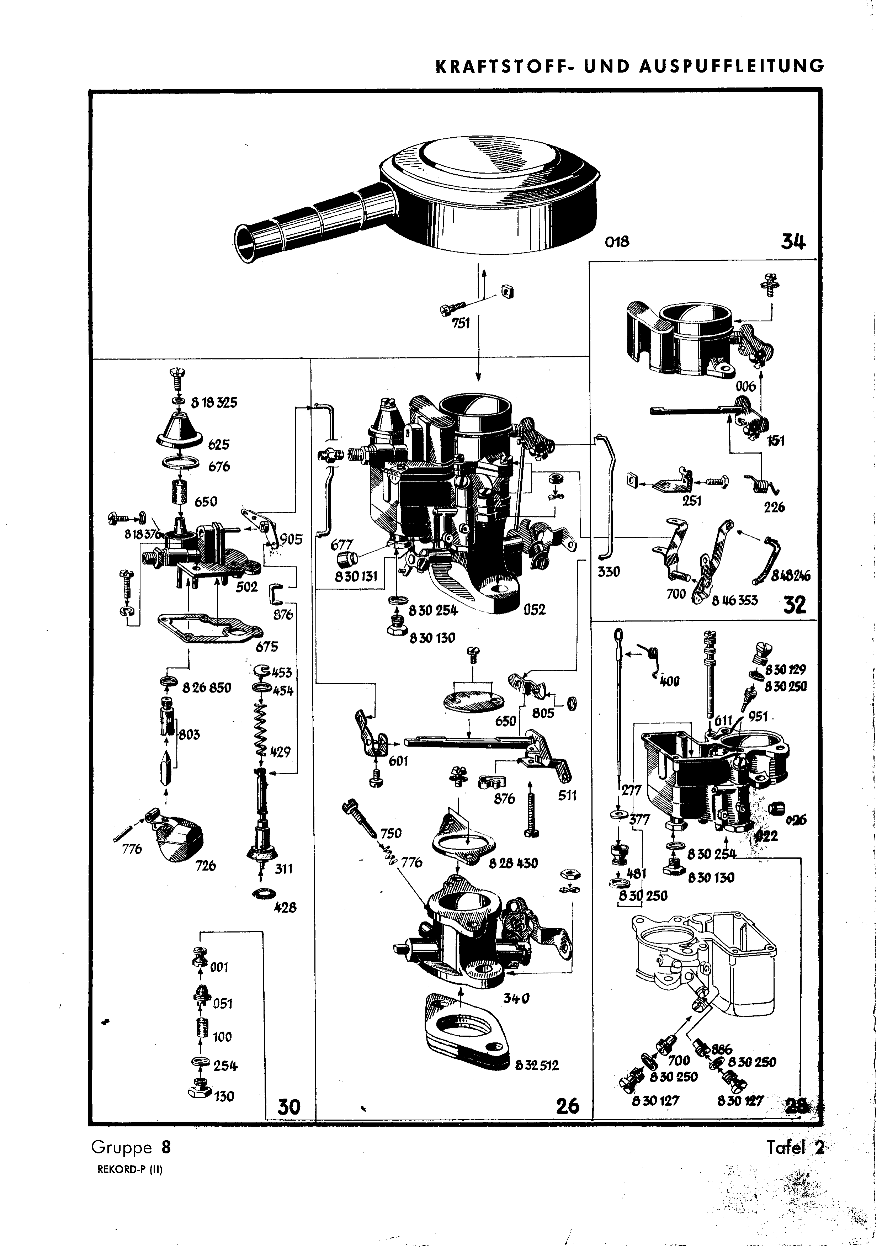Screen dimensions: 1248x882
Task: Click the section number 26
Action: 568,1106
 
